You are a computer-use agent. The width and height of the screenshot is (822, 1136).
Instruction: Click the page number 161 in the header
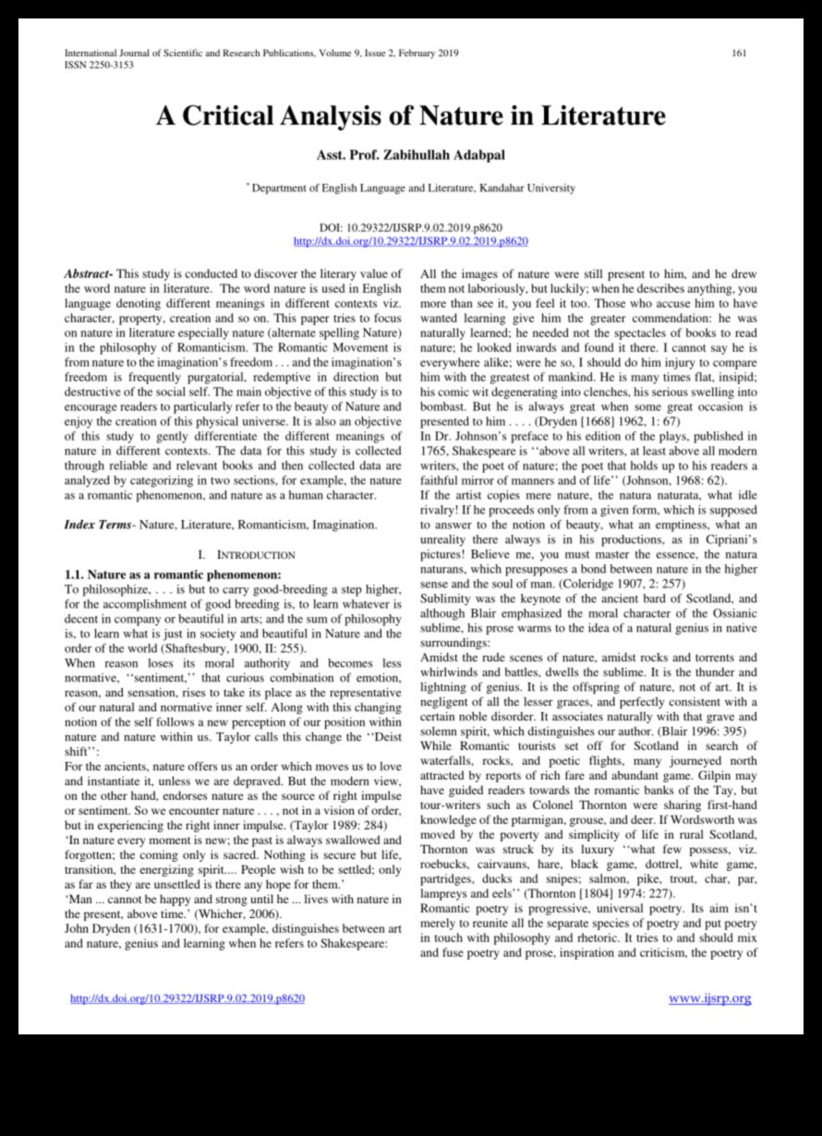tap(739, 53)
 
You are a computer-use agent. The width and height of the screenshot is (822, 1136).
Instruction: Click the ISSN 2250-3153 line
tap(98, 66)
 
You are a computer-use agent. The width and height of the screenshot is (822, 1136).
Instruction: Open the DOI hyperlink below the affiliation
tap(410, 241)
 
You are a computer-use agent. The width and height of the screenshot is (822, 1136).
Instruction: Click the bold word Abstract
tap(87, 274)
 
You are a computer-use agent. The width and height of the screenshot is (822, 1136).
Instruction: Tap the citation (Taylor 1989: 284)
tap(304, 824)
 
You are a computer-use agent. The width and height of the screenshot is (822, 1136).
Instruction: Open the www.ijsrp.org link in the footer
tap(709, 998)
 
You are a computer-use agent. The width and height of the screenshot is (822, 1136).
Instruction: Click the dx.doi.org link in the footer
tap(187, 998)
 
